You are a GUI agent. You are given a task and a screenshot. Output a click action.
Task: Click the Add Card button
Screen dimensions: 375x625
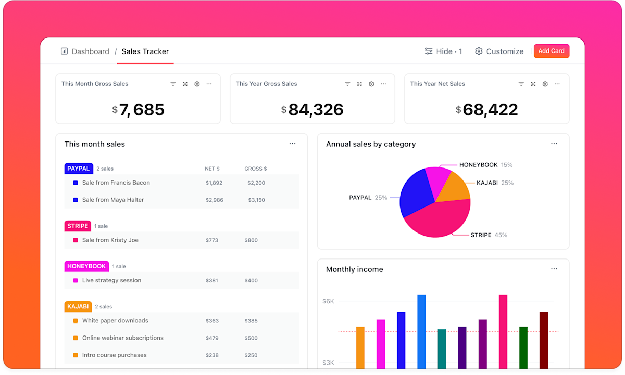click(551, 51)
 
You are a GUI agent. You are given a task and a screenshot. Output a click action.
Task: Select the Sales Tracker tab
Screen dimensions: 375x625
click(145, 51)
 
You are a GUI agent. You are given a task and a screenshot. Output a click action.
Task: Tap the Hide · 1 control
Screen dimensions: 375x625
click(443, 51)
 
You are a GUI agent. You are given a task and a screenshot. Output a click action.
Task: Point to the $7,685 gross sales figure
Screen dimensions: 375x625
click(139, 110)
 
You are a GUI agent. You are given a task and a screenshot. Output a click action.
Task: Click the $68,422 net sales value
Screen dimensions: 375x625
click(487, 110)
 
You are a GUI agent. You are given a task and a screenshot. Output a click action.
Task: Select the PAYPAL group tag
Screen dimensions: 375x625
click(79, 169)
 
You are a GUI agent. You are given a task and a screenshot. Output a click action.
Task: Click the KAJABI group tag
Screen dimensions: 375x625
click(78, 307)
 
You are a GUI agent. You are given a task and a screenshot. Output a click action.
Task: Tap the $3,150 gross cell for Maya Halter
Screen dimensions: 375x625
click(256, 200)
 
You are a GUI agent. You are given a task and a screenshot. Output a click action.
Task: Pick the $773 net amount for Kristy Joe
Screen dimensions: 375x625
click(211, 240)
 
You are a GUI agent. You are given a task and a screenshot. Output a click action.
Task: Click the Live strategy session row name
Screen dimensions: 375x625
click(111, 280)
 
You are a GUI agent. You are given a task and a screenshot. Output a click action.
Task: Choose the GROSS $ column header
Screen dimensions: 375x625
click(255, 169)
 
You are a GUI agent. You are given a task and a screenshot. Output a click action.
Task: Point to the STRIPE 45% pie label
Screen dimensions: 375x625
click(489, 235)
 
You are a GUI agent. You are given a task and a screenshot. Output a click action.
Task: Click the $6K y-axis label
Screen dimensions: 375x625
click(328, 301)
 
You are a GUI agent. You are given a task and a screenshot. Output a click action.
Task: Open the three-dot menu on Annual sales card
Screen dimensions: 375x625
click(554, 144)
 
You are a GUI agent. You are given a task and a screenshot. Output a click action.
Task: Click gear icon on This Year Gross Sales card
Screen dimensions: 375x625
click(371, 84)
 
